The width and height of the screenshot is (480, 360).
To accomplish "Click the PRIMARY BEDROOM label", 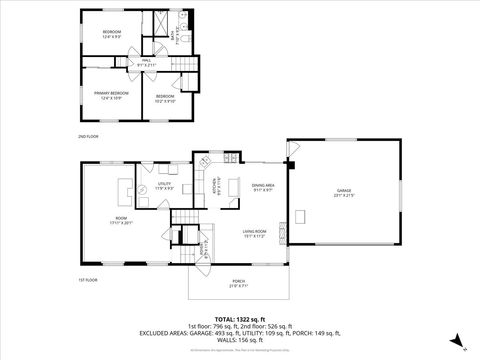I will tap(108, 96).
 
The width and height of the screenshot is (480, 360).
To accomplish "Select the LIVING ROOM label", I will tap(254, 234).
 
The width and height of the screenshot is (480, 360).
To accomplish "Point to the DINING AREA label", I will tap(263, 186).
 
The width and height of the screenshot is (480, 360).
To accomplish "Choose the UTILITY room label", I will tap(165, 186).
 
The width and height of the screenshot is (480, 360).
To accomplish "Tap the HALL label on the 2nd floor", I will tap(146, 62).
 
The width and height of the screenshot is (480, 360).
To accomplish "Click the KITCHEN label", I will tap(213, 186).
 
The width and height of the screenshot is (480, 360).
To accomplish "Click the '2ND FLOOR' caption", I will tap(88, 134).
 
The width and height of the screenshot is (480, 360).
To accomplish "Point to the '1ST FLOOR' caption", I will tap(88, 280).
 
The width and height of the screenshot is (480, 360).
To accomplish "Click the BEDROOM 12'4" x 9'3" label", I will tap(112, 35).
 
